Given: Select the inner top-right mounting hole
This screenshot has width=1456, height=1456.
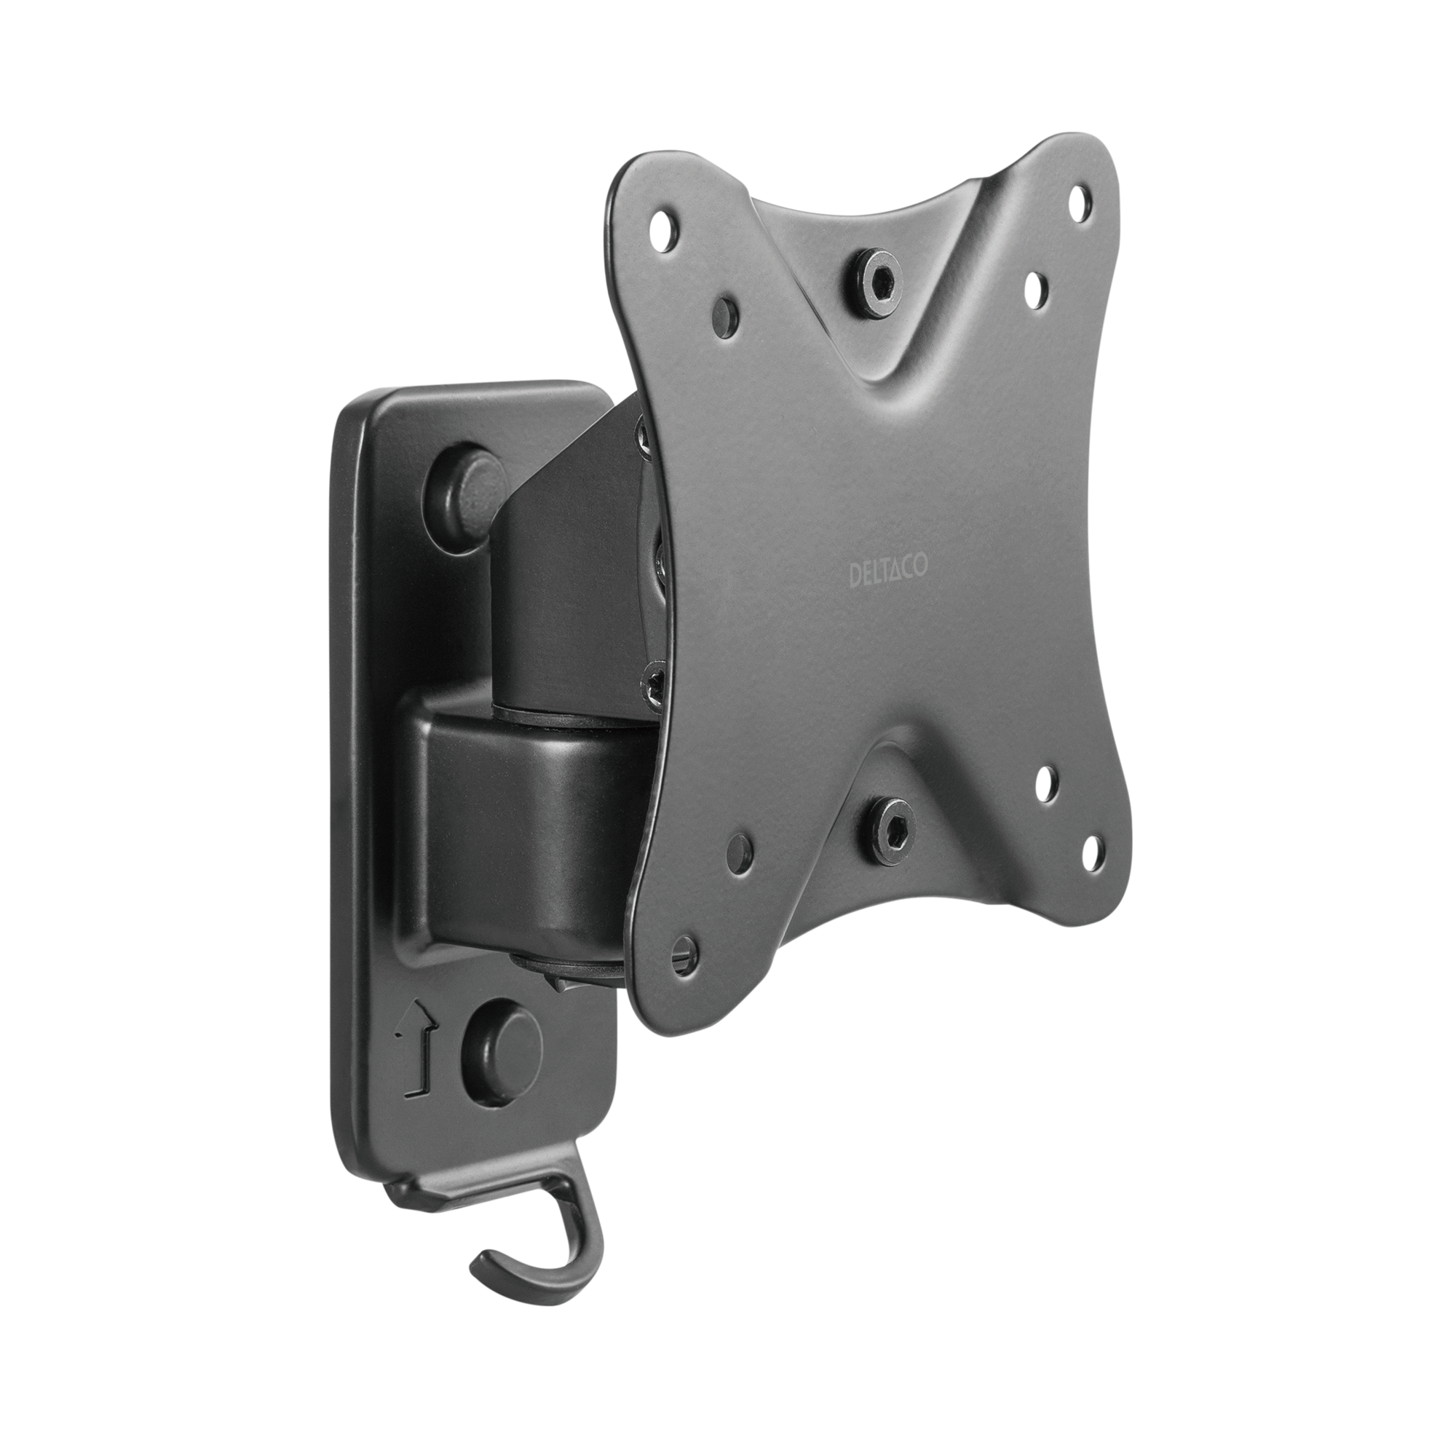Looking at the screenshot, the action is pos(1034,285).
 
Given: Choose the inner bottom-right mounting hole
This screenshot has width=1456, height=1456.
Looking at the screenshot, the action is pos(1044,792).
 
